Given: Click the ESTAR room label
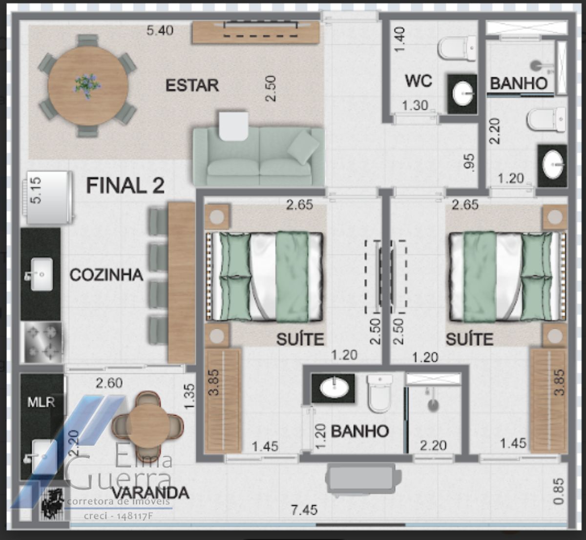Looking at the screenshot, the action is point(192,85).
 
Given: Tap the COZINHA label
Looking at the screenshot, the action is point(106,275).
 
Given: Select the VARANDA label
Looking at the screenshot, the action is point(150,493).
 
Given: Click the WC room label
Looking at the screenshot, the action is point(419,81).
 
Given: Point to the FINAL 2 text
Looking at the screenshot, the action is point(125,186).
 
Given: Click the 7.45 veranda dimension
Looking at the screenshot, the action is point(304,510).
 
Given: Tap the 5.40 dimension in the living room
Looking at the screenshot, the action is point(160,30).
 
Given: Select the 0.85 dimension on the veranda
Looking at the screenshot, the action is point(558,491).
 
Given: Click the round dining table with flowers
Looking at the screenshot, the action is point(88,86).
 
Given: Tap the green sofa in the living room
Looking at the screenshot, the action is point(258,156).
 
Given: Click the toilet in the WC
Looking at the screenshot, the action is point(457,48).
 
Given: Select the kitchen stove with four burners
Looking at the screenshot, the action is point(43,342).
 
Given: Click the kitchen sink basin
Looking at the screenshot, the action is point(42,274).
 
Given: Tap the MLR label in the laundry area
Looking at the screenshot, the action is point(42,402).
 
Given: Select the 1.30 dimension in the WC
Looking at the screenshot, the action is point(415,105).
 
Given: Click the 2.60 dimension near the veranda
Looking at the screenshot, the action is point(109,383).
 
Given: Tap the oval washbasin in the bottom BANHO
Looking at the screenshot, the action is point(334,388).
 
